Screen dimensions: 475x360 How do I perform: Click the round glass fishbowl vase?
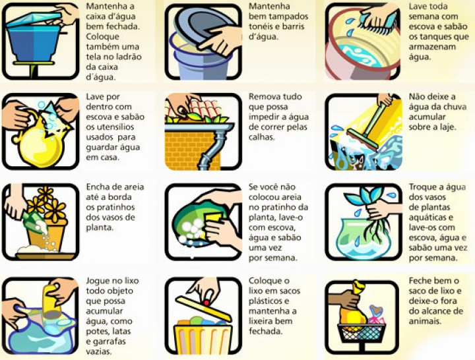[x=364, y=238]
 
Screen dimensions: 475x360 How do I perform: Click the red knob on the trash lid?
[x=206, y=303]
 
